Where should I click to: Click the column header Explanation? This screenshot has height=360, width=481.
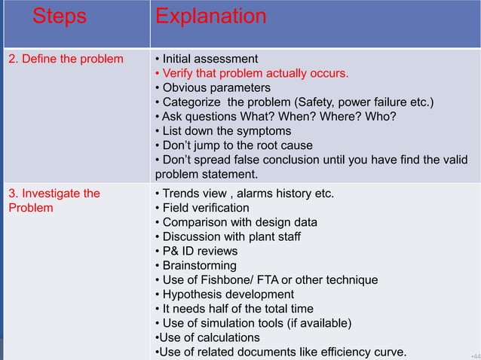point(210,17)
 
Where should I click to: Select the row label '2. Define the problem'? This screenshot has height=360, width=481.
point(66,59)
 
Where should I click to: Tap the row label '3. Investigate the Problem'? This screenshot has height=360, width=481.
point(54,200)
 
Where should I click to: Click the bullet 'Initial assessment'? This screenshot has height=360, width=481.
point(206,59)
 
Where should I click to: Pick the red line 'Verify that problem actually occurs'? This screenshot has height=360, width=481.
point(251,73)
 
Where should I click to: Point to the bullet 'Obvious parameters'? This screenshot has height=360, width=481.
point(212,87)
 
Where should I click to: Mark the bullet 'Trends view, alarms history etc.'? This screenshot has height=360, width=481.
point(244,194)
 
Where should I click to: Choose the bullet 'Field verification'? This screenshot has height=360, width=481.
point(201,208)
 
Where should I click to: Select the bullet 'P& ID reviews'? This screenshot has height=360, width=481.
point(195,251)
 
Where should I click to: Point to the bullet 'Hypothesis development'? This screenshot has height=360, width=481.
point(224,294)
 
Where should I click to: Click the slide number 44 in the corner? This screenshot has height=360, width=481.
point(473,353)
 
